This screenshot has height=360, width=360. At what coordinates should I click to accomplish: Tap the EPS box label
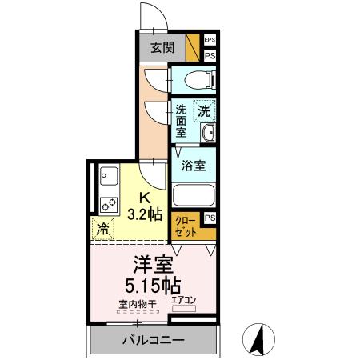(210, 39)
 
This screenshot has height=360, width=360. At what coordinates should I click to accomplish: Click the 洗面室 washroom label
(182, 122)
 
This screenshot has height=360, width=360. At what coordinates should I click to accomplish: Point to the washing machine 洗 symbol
(205, 111)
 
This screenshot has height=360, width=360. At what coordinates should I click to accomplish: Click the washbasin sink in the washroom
(208, 134)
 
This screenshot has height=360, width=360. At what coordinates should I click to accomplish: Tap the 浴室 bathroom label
(193, 166)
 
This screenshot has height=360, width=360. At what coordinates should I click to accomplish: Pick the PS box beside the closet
(210, 218)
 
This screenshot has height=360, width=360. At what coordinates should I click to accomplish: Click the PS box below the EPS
(210, 56)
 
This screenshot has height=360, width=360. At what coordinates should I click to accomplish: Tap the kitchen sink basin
(108, 174)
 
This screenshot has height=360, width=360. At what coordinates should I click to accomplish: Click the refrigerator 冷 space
(103, 229)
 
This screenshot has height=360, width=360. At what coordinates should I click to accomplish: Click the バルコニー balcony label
(154, 339)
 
